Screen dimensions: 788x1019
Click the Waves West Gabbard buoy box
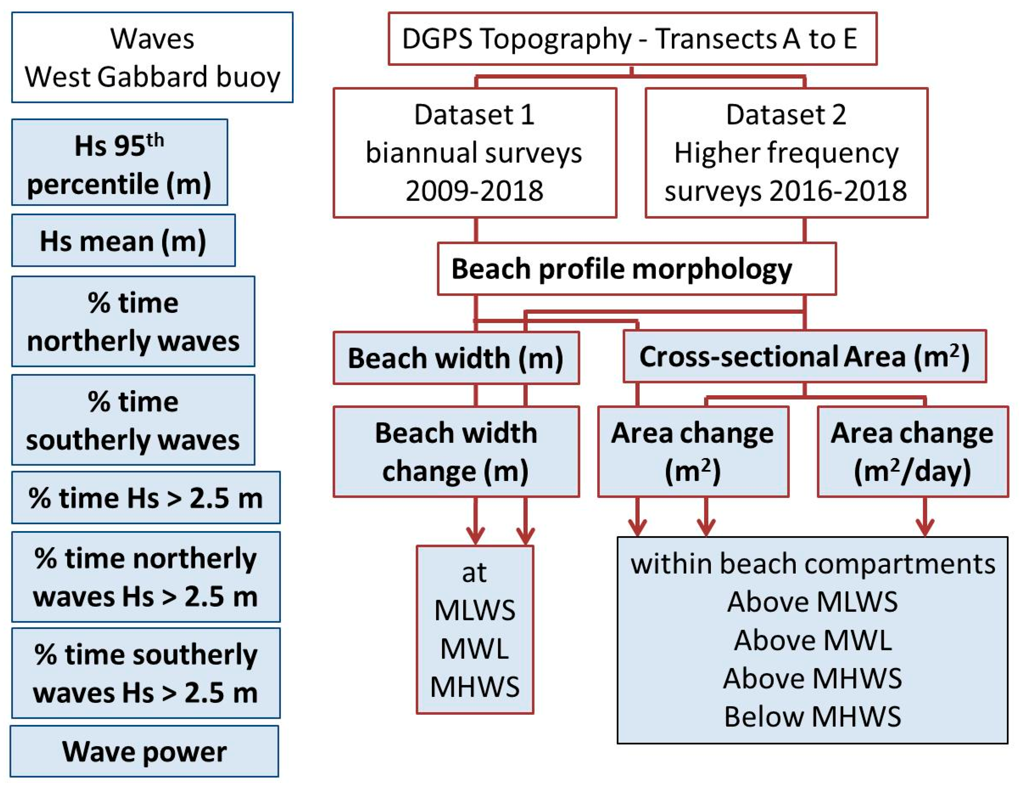click(152, 57)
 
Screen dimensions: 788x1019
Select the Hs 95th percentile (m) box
click(119, 162)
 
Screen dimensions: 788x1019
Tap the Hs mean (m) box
click(123, 241)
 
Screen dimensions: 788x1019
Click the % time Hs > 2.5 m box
click(146, 498)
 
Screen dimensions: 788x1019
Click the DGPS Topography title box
click(632, 39)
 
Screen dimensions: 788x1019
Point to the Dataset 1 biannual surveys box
click(474, 153)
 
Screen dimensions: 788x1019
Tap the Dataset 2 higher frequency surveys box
click(786, 153)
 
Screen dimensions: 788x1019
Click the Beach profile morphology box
click(636, 269)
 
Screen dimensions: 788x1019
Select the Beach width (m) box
click(456, 358)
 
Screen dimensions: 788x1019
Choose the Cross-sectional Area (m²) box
click(805, 356)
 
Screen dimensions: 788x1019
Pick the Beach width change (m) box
click(456, 452)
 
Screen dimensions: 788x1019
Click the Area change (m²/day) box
click(912, 452)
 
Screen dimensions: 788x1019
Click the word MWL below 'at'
click(474, 649)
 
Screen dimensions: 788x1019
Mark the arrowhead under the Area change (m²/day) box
click(925, 527)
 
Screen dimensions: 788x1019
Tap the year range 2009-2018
click(474, 191)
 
